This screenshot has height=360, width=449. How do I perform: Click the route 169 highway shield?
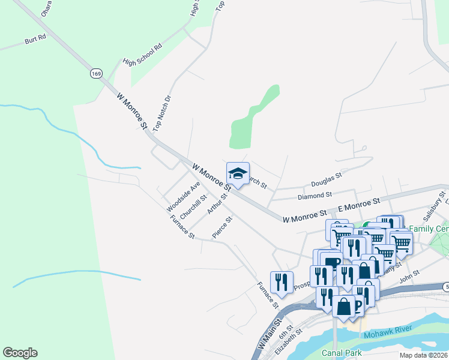96,73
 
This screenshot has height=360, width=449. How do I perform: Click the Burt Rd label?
35,40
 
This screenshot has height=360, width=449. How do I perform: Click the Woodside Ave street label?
183,197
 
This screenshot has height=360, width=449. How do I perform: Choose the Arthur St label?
215,204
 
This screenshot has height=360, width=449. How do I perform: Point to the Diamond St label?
315,196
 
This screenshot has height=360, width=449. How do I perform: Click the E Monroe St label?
360,205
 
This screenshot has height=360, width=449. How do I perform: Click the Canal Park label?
342,353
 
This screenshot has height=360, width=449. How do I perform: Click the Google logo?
20,353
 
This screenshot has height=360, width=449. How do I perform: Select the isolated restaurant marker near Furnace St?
281,282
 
